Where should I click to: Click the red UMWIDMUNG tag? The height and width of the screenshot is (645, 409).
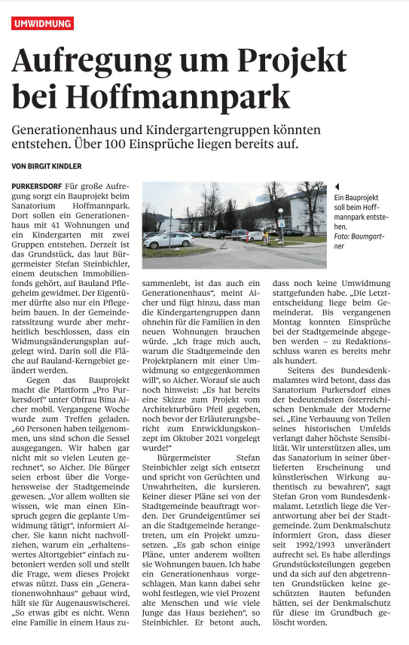pyautogui.click(x=43, y=24)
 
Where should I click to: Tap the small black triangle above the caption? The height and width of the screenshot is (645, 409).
pyautogui.click(x=337, y=186)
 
